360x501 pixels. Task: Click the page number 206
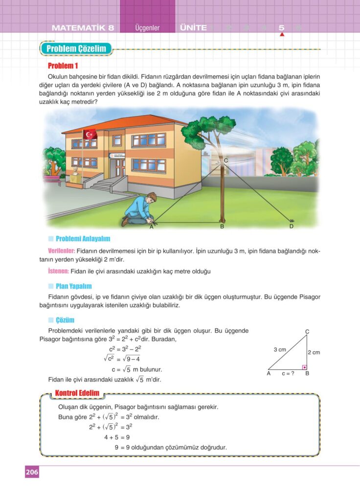pos(32,472)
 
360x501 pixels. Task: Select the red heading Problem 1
pos(63,66)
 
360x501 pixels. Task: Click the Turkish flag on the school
pos(90,134)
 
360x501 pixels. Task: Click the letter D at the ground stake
pos(292,227)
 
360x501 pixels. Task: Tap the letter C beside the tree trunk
pos(226,160)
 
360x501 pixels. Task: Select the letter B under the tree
pos(222,227)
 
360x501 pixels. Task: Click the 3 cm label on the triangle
pos(280,349)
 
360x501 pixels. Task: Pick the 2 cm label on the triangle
pos(314,352)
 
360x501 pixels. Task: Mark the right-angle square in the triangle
pos(304,366)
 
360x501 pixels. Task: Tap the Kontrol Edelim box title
pos(77,393)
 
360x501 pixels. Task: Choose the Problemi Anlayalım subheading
pos(83,239)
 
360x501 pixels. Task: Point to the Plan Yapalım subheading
pos(73,286)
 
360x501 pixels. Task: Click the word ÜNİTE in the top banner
pos(193,28)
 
